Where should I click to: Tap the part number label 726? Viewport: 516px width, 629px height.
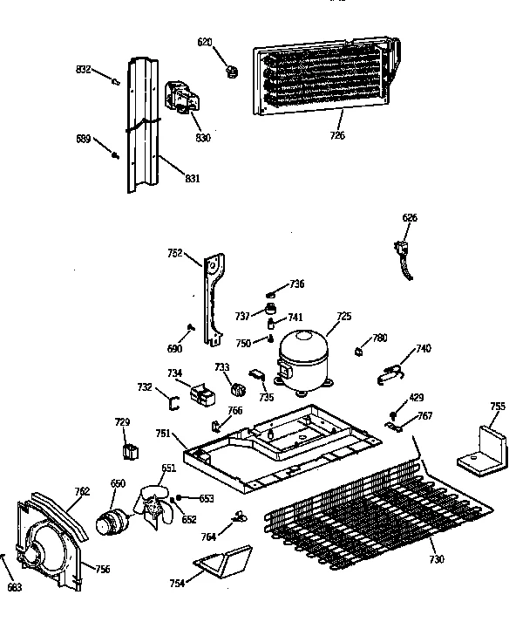coord(336,135)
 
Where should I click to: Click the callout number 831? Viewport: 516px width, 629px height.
coord(192,179)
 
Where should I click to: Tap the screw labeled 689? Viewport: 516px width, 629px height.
coord(115,155)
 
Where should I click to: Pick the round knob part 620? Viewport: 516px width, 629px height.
coord(231,70)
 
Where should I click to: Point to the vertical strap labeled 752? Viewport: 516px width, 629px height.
coord(212,297)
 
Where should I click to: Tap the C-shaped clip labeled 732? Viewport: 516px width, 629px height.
coord(173,402)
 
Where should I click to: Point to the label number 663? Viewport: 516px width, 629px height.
coord(14,587)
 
